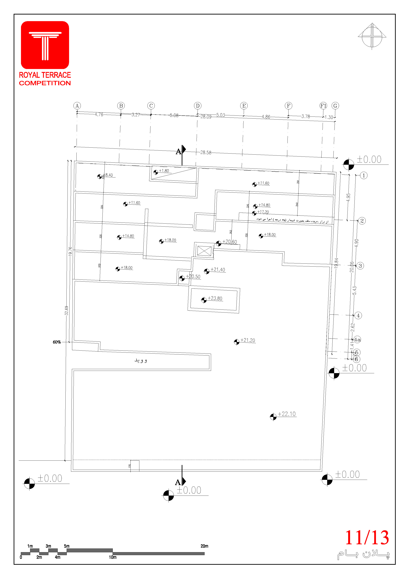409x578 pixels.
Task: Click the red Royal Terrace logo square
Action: pyautogui.click(x=45, y=45)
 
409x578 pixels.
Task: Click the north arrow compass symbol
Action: pyautogui.click(x=372, y=37)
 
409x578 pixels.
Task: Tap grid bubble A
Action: pyautogui.click(x=77, y=106)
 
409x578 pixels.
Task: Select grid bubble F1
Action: pyautogui.click(x=323, y=106)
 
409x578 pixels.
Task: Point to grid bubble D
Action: pyautogui.click(x=198, y=106)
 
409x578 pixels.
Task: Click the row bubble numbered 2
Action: pyautogui.click(x=362, y=221)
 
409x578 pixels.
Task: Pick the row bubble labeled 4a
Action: pyautogui.click(x=357, y=340)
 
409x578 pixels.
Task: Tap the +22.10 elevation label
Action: pyautogui.click(x=287, y=414)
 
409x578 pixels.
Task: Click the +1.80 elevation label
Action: pyautogui.click(x=164, y=171)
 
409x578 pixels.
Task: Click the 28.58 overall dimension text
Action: pyautogui.click(x=206, y=152)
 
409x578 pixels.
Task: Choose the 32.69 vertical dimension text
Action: pyautogui.click(x=66, y=310)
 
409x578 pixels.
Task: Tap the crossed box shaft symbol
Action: pyautogui.click(x=204, y=251)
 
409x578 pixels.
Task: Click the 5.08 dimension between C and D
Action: pyautogui.click(x=174, y=115)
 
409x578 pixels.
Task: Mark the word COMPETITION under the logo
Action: pyautogui.click(x=45, y=83)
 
